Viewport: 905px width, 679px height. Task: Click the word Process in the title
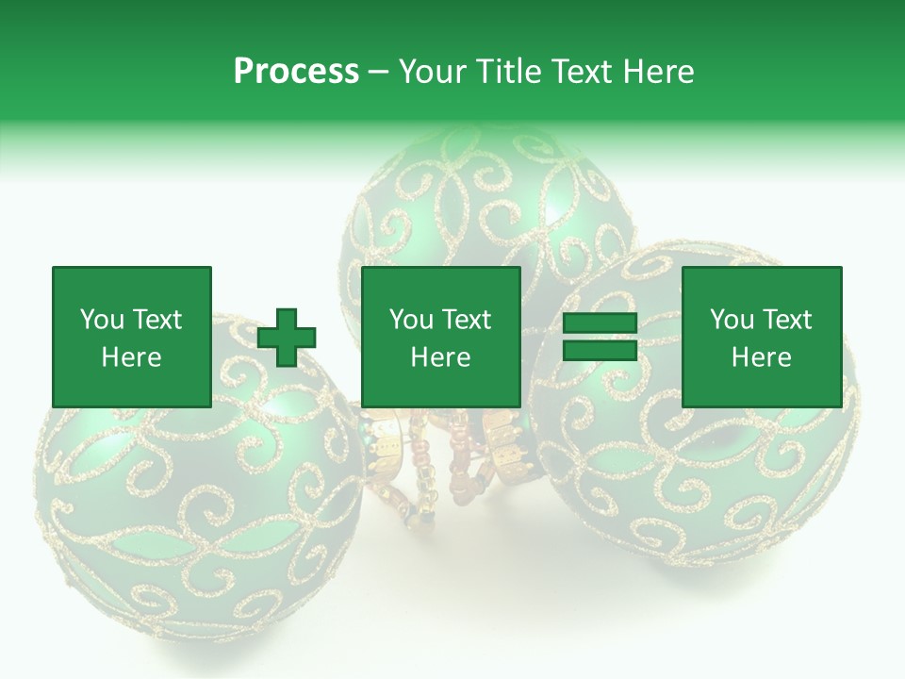pos(296,72)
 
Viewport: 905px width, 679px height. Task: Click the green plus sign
pos(287,337)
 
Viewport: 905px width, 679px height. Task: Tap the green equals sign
pos(600,337)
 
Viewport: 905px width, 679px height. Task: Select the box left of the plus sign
pos(132,337)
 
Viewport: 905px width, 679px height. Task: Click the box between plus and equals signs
pos(440,337)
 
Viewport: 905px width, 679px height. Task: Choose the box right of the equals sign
pos(761,337)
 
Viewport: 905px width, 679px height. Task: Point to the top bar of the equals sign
pos(600,323)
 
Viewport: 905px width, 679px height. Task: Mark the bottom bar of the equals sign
pos(600,350)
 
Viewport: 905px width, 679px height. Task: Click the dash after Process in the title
pos(379,72)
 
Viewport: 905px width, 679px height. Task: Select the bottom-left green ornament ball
pos(198,490)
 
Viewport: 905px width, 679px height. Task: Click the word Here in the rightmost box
pos(761,357)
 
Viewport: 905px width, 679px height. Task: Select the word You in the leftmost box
pos(102,320)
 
